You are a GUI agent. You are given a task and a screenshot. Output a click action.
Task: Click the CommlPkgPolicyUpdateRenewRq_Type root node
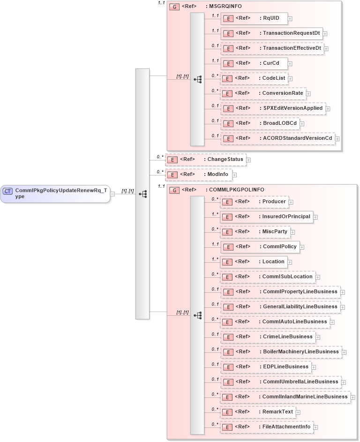(55, 193)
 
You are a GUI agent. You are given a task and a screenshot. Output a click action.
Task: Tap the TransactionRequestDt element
(271, 33)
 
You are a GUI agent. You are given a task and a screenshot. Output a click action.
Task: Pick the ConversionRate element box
(262, 93)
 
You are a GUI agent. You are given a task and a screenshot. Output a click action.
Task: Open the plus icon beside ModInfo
(234, 175)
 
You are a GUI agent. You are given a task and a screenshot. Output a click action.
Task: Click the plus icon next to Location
(290, 262)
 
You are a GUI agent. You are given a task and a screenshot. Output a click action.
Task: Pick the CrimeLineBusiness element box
(267, 337)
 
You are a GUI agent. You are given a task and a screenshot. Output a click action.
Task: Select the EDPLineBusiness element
(265, 367)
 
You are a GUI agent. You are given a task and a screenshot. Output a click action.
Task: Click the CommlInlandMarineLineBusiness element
(285, 397)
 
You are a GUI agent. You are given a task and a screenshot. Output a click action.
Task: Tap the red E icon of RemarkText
(227, 412)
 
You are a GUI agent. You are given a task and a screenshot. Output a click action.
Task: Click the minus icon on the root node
(112, 194)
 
